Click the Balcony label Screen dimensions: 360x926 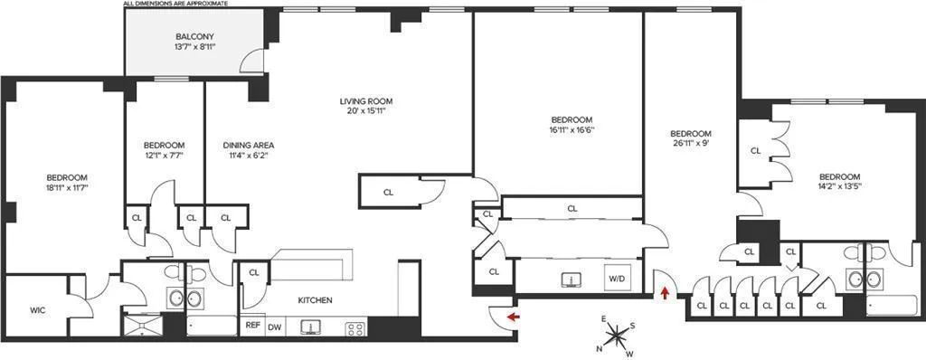coord(194,37)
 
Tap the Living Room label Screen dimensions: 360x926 coord(365,100)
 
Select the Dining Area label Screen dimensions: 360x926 coord(248,145)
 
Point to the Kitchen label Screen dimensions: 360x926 coord(315,300)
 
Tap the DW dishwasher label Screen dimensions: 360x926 coord(273,327)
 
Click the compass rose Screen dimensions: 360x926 coord(617,336)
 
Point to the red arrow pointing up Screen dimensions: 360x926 coord(666,292)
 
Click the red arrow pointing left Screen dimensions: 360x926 coord(513,317)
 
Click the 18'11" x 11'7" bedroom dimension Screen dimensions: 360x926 coord(68,188)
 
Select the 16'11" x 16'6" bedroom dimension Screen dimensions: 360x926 coord(571,130)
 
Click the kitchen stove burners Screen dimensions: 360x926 coord(354,327)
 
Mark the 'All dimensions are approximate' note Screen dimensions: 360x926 coord(176,4)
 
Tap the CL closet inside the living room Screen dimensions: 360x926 coord(388,192)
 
